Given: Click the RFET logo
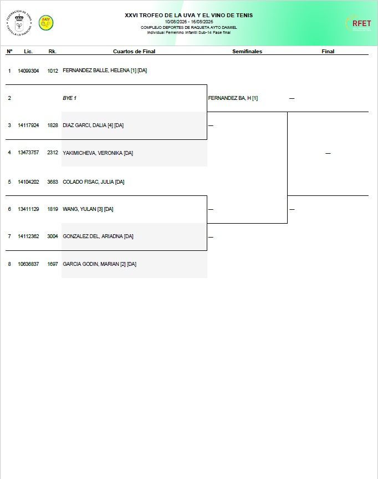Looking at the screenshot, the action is (x=358, y=23).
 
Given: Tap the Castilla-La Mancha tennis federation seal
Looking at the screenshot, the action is (x=19, y=23).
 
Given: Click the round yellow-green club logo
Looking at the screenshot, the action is (x=46, y=23).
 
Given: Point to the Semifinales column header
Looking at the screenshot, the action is (x=247, y=51).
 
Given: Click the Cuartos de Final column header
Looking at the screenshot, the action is (x=134, y=51).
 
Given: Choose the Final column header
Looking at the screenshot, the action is (x=328, y=51).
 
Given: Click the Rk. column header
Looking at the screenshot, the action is (x=53, y=51).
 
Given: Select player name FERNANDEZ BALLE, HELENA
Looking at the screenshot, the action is (x=96, y=70).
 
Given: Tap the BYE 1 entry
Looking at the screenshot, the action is (x=70, y=98).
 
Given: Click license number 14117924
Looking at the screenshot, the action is (x=28, y=125).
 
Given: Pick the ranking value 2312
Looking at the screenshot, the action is (x=53, y=153).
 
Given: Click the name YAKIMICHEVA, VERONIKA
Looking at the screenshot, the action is (x=93, y=153).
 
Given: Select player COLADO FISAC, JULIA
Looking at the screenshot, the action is (x=88, y=181).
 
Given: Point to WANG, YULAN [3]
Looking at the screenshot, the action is (x=83, y=209).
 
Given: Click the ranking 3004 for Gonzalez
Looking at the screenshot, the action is (x=53, y=236).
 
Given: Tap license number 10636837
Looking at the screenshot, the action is (x=28, y=264).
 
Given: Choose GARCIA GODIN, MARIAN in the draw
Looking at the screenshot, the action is (x=90, y=264).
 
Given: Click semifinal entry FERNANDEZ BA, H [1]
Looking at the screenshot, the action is (x=233, y=98).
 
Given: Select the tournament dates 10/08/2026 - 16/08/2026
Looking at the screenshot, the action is (x=189, y=22).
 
